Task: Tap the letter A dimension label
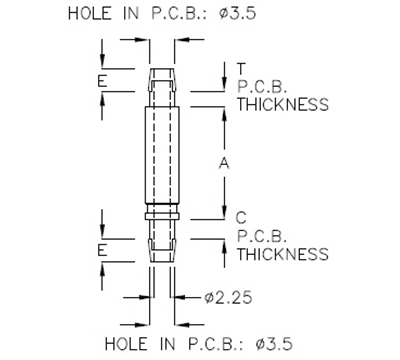[224, 165]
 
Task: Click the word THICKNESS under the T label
[282, 103]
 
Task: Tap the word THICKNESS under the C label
[282, 254]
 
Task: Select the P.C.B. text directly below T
[264, 86]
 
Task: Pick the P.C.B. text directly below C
[264, 236]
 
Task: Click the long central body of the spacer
[161, 160]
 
